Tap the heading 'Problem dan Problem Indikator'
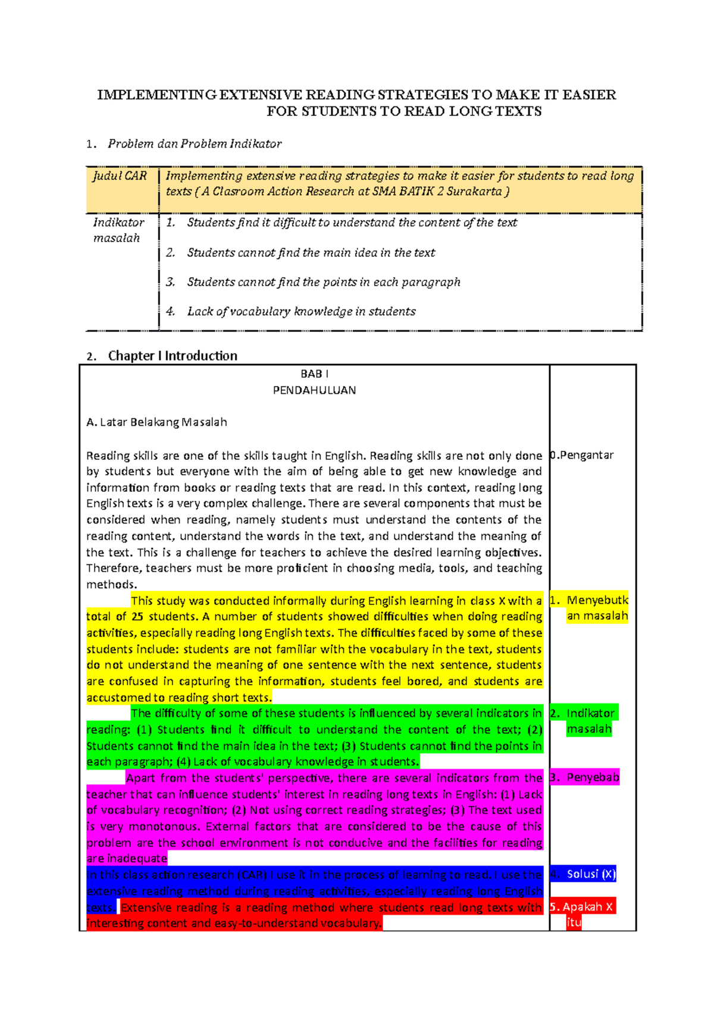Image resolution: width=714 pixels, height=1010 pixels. pos(195,144)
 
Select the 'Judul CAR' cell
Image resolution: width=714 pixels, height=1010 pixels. pos(120,176)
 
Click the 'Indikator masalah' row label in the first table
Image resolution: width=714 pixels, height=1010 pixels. pos(118,230)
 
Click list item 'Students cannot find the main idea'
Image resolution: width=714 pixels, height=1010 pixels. pos(311,253)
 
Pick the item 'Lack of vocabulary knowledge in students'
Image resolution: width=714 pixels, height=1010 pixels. pos(301,312)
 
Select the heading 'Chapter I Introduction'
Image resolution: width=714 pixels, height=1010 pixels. pos(173,356)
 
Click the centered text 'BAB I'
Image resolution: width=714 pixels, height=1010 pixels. pos(314,374)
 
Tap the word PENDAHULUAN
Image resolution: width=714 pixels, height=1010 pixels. pos(314,391)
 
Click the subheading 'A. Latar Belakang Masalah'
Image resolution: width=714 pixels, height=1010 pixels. pos(156,422)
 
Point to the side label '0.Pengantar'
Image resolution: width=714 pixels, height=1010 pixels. pos(582,455)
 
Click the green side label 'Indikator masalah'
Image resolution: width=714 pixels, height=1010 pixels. pos(590,721)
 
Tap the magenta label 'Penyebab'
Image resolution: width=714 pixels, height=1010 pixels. pos(592,777)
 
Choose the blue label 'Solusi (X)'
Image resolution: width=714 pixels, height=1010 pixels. pos(590,874)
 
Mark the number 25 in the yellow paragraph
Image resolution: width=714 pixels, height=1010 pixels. pos(137,617)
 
